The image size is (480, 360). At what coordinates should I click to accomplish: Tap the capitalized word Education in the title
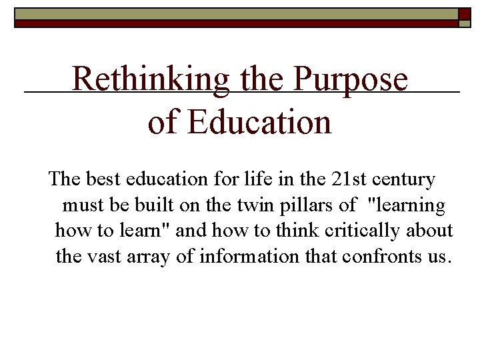pyautogui.click(x=260, y=122)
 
